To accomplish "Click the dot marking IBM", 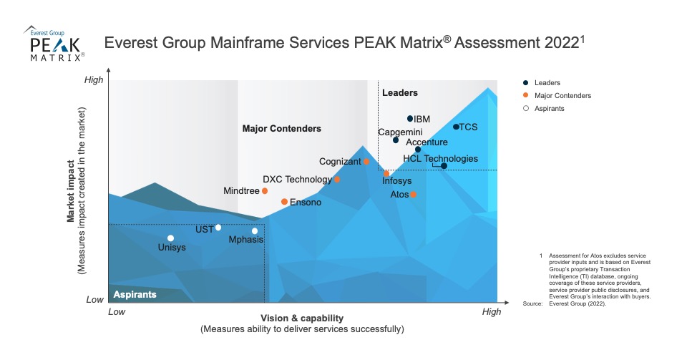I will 410,119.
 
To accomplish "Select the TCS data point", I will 456,127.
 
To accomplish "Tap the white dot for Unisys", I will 170,238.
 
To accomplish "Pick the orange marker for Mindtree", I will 265,191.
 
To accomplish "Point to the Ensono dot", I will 284,202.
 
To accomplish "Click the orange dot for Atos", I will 413,194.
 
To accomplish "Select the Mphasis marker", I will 255,230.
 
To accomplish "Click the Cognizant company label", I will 340,162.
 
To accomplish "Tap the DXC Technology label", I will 297,180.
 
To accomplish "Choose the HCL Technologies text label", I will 440,159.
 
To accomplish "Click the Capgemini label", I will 399,132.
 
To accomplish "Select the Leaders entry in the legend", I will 547,83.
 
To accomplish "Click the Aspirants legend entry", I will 549,109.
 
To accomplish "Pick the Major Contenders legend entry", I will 562,96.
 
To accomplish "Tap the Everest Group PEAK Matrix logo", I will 54,44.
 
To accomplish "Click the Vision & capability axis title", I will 302,318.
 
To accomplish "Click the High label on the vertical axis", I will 94,80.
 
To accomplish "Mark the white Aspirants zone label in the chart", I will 135,294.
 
